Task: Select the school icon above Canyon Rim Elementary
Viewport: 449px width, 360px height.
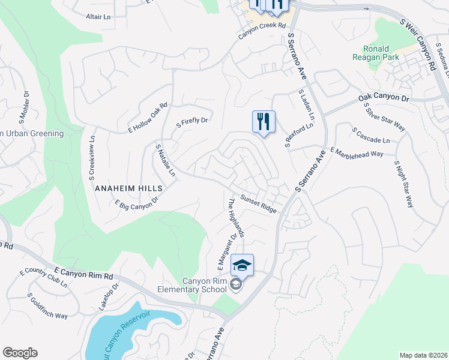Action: click(242, 265)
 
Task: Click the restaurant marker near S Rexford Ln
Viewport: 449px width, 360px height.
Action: click(264, 122)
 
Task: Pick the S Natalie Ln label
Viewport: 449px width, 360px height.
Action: click(165, 160)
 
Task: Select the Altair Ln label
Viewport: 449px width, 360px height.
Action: click(98, 17)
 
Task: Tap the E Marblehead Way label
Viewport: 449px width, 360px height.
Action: click(357, 153)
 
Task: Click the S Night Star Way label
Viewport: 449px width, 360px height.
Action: click(404, 184)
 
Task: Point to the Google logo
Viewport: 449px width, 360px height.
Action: click(20, 353)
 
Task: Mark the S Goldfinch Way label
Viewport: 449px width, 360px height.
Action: click(47, 306)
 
